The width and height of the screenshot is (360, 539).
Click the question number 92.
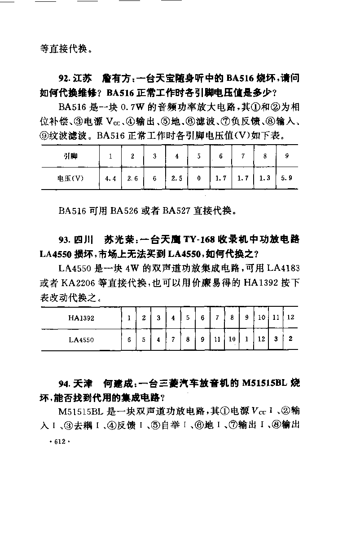point(63,79)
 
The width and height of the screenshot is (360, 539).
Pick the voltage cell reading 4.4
point(110,178)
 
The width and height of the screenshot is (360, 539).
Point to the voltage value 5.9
point(286,178)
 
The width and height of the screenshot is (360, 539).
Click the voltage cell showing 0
point(198,178)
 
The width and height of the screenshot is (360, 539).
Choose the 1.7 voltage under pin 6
point(220,178)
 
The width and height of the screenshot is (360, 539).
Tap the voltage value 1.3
point(264,178)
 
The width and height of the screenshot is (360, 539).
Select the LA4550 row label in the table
point(81,340)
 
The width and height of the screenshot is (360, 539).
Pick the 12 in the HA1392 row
point(290,318)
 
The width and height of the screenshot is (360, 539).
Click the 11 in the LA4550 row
point(217,340)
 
